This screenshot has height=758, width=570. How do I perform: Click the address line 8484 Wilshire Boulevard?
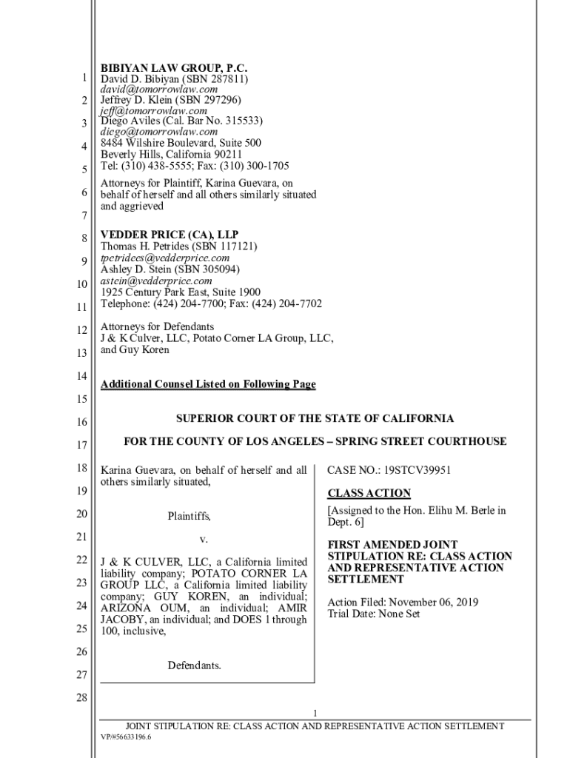tap(181, 143)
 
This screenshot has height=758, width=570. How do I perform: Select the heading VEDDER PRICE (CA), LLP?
tap(170, 235)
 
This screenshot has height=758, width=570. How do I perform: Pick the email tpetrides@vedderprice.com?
tap(165, 258)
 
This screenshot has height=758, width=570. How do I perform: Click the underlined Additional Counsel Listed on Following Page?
tap(208, 384)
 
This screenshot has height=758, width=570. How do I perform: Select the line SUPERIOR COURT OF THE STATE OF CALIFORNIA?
tap(315, 418)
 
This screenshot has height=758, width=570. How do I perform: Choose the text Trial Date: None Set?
tap(374, 614)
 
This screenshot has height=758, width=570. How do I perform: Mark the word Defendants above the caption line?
tap(194, 665)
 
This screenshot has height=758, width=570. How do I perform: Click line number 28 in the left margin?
tap(81, 698)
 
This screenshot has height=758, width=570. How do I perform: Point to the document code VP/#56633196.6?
tap(126, 738)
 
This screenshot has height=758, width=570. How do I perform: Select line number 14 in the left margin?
tap(81, 376)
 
